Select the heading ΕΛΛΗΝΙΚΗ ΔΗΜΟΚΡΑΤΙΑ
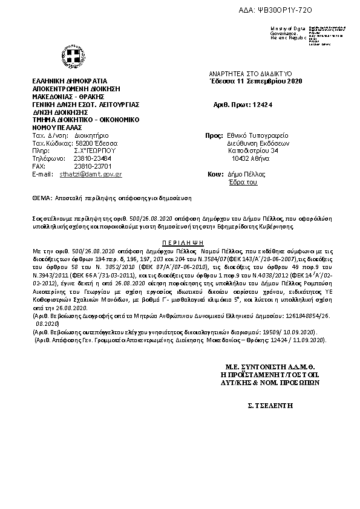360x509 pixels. [x=70, y=81]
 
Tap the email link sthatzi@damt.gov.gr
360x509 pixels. [x=91, y=173]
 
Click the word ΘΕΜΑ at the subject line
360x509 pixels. [x=41, y=198]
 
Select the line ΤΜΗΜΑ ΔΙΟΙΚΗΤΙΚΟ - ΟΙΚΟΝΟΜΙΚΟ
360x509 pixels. [x=87, y=120]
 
